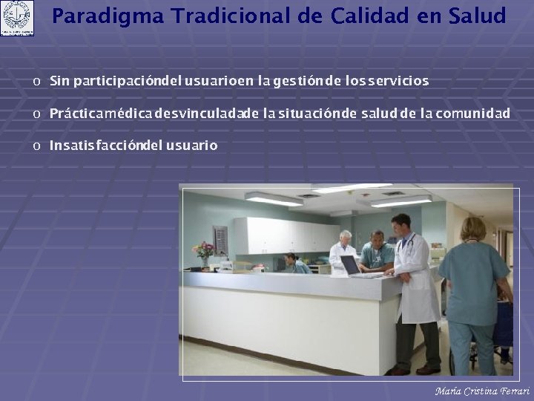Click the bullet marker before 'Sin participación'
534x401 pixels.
pyautogui.click(x=36, y=81)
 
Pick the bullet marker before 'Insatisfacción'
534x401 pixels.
pyautogui.click(x=36, y=146)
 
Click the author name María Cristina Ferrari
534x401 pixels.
pyautogui.click(x=482, y=391)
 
